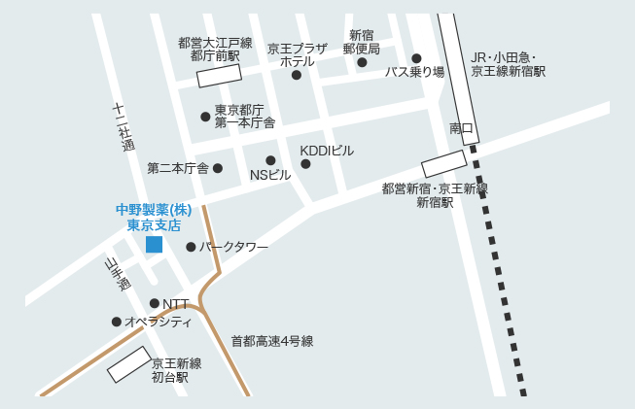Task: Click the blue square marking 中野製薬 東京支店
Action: [154, 244]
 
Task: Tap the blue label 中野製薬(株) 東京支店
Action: [154, 217]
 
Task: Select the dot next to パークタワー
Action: [191, 247]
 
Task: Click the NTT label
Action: [176, 304]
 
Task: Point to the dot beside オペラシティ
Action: [117, 322]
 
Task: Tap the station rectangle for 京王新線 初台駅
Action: [128, 364]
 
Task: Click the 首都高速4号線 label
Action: [272, 341]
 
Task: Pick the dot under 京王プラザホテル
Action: [297, 75]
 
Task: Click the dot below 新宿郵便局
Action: [362, 63]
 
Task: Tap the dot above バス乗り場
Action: [416, 58]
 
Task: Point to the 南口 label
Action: [461, 128]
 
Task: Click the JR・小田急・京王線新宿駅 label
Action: [508, 64]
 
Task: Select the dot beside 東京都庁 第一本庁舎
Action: [205, 117]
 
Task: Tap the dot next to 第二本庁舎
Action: [218, 168]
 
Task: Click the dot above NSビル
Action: [270, 160]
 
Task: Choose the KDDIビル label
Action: [327, 151]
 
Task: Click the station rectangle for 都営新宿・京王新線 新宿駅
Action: [444, 163]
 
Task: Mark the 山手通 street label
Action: [117, 274]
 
